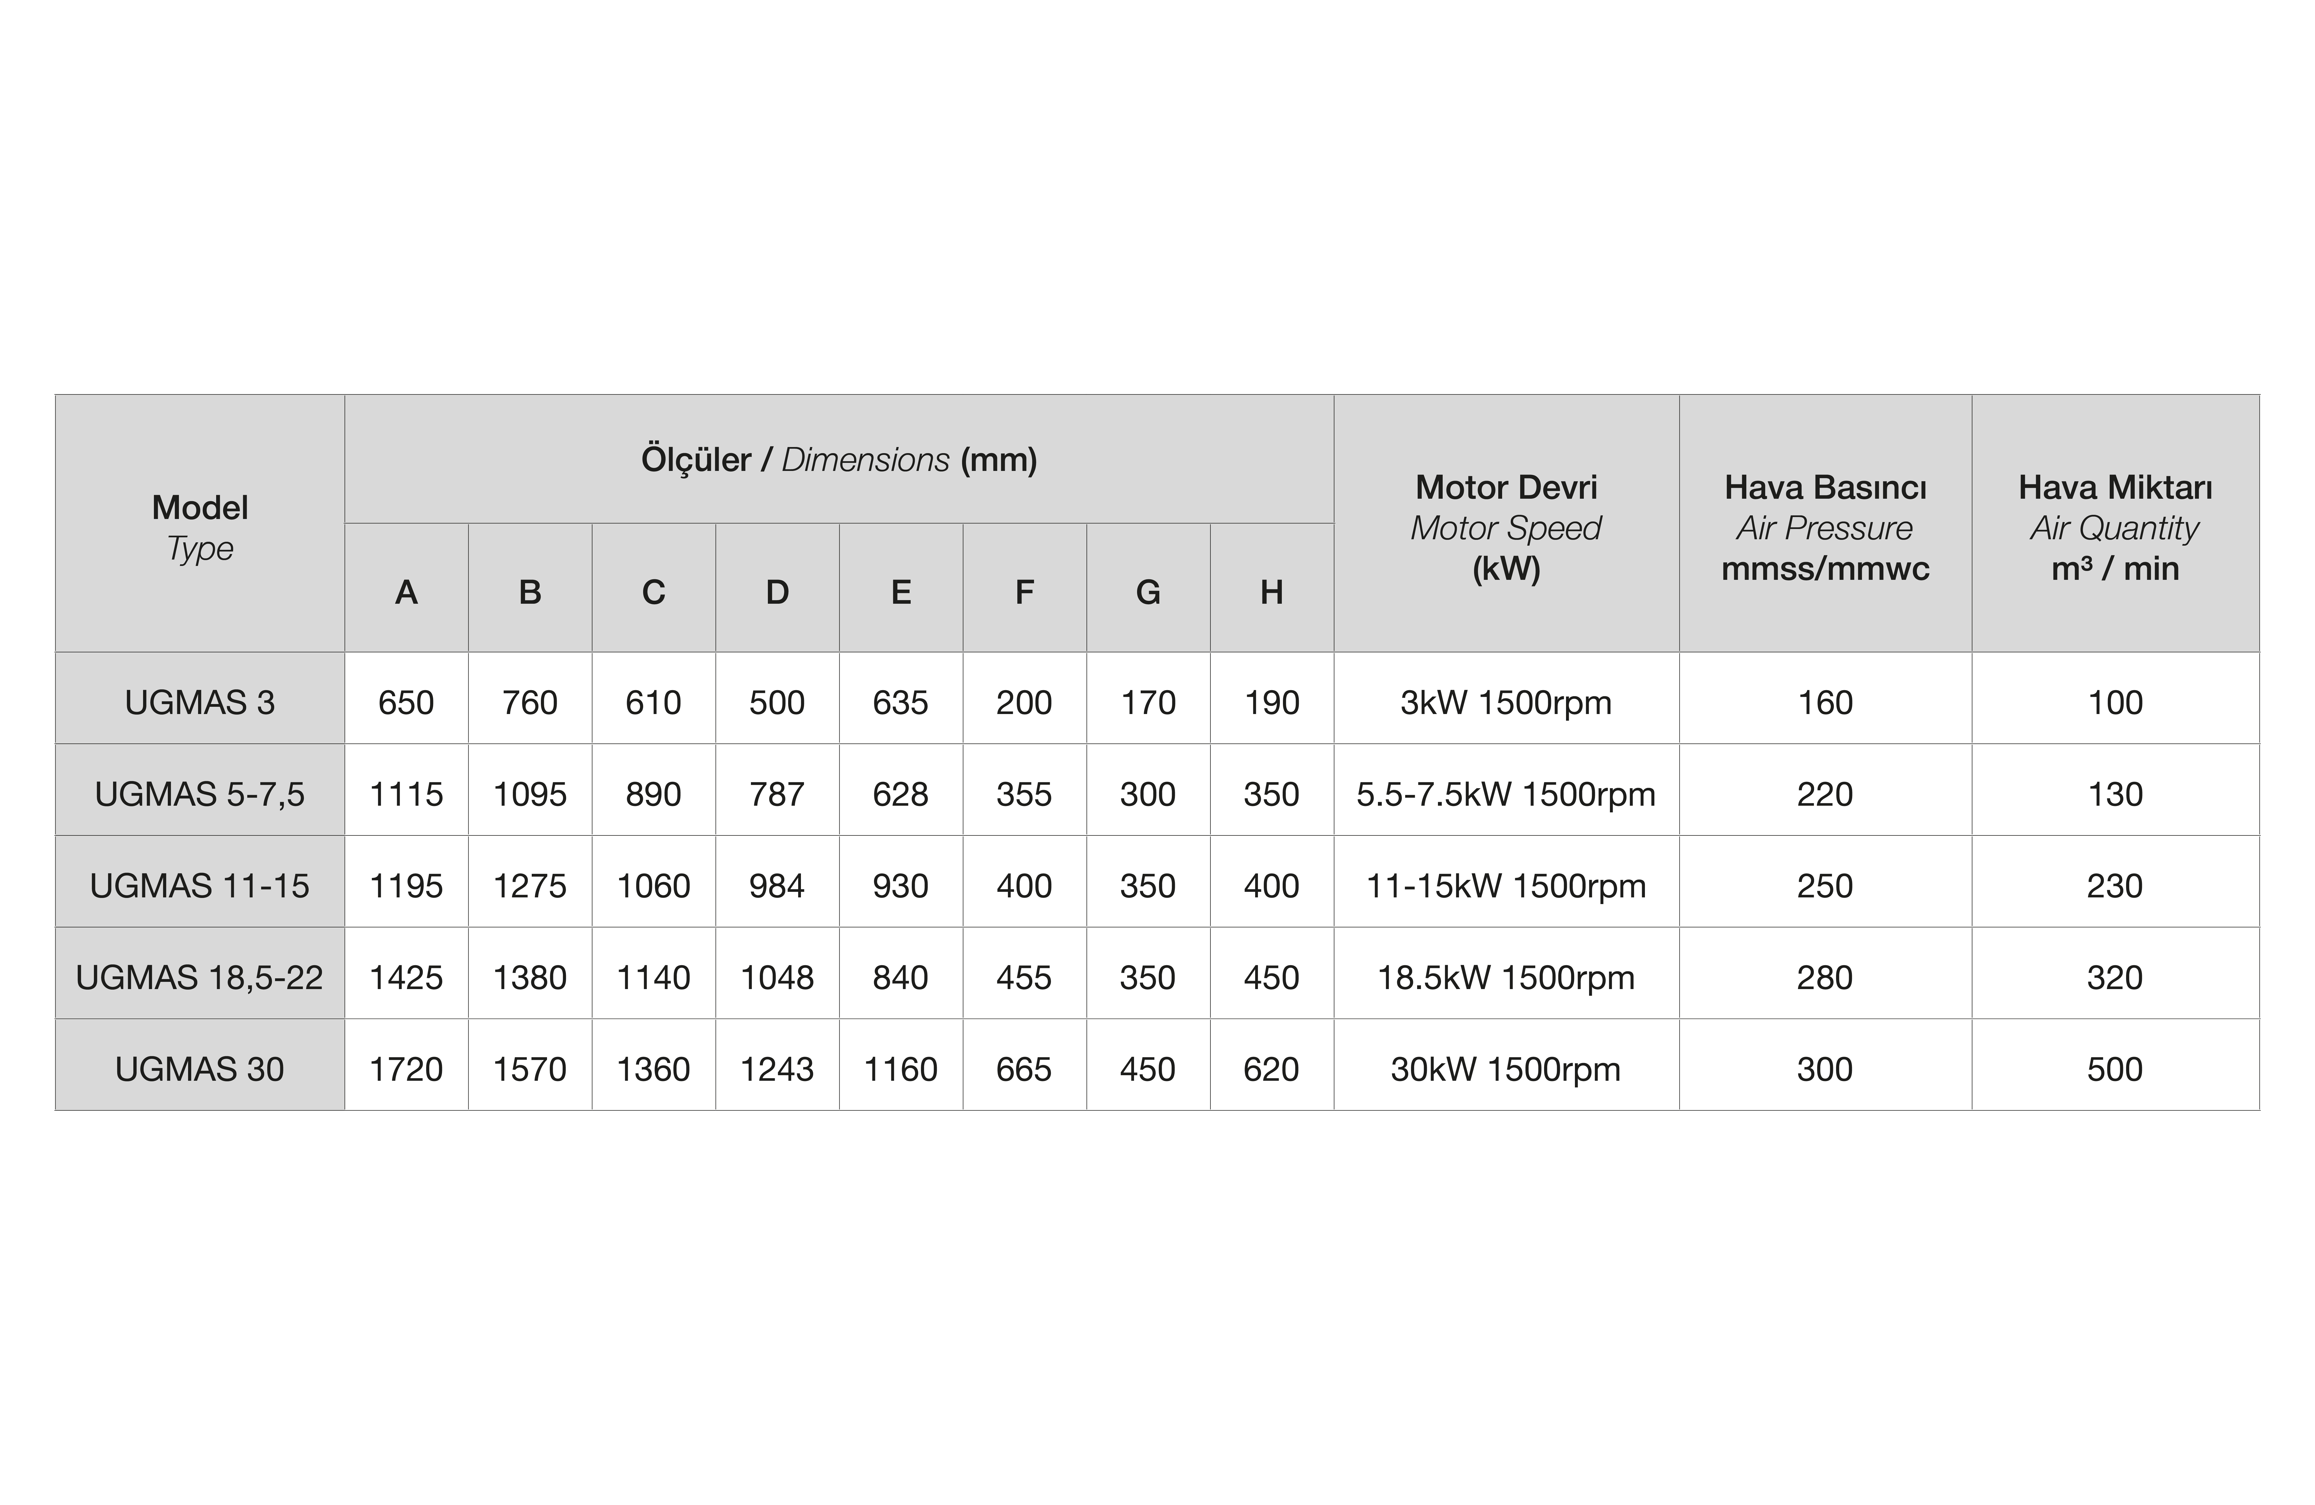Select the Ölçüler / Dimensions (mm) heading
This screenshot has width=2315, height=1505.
[838, 459]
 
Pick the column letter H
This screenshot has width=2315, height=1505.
[1271, 591]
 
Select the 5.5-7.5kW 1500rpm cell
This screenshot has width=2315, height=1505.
[1506, 794]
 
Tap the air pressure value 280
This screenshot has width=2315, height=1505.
[1825, 977]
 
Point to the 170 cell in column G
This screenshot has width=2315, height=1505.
[1148, 702]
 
